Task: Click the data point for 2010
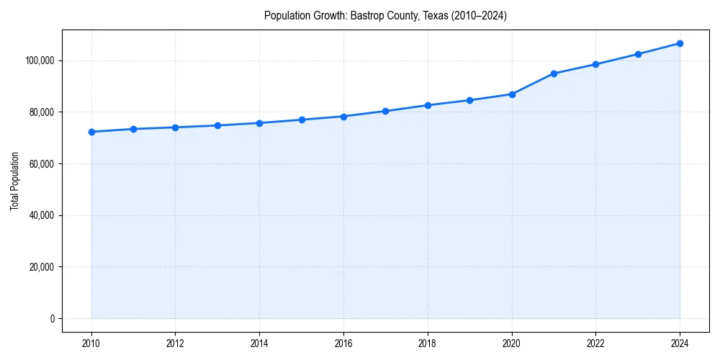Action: click(x=91, y=132)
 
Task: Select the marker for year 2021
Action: click(x=554, y=73)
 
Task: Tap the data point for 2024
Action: click(x=680, y=43)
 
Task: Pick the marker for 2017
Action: click(x=385, y=111)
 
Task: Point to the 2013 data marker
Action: click(x=217, y=125)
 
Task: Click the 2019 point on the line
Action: click(x=469, y=100)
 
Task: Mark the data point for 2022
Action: click(x=595, y=64)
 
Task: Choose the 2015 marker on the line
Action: click(x=302, y=120)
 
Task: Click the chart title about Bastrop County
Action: click(x=385, y=16)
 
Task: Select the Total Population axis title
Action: click(x=14, y=181)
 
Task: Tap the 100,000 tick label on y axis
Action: click(x=39, y=60)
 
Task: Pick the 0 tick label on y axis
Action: click(x=52, y=319)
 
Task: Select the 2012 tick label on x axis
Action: click(x=176, y=343)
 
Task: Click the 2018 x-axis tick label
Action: click(x=428, y=343)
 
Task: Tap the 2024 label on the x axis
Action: click(x=680, y=343)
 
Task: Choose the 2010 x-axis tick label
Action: click(x=91, y=343)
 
